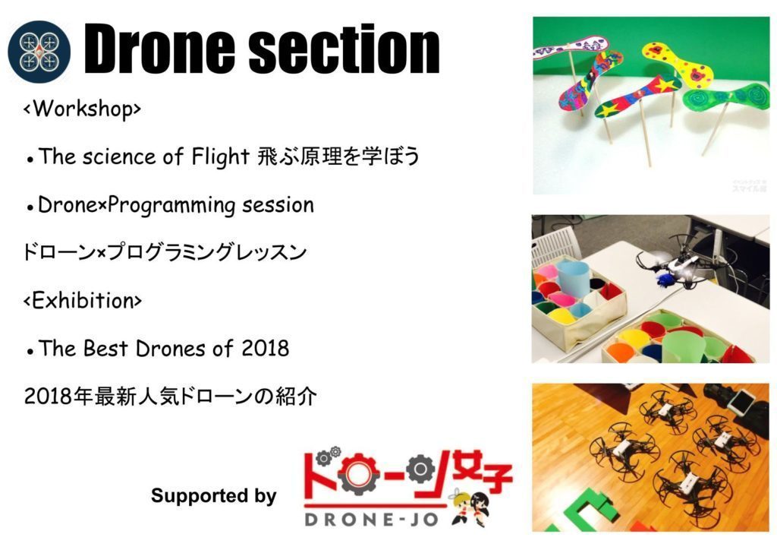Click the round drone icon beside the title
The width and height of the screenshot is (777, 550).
39,52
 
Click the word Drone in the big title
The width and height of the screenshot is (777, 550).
159,49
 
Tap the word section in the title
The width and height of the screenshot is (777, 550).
344,49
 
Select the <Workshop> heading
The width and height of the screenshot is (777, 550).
82,109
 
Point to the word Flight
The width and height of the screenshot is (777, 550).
221,156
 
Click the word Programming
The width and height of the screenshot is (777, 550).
171,205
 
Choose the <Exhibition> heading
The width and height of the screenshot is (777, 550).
83,301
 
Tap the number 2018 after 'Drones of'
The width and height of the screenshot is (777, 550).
265,349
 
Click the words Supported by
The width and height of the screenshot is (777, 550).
213,495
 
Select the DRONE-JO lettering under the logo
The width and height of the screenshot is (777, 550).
372,520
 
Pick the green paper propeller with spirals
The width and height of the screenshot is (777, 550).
726,96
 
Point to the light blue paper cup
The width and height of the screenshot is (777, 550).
574,280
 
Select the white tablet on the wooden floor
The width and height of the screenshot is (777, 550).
742,402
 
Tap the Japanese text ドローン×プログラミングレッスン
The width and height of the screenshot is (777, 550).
165,252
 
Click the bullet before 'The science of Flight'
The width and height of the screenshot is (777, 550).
30,160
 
